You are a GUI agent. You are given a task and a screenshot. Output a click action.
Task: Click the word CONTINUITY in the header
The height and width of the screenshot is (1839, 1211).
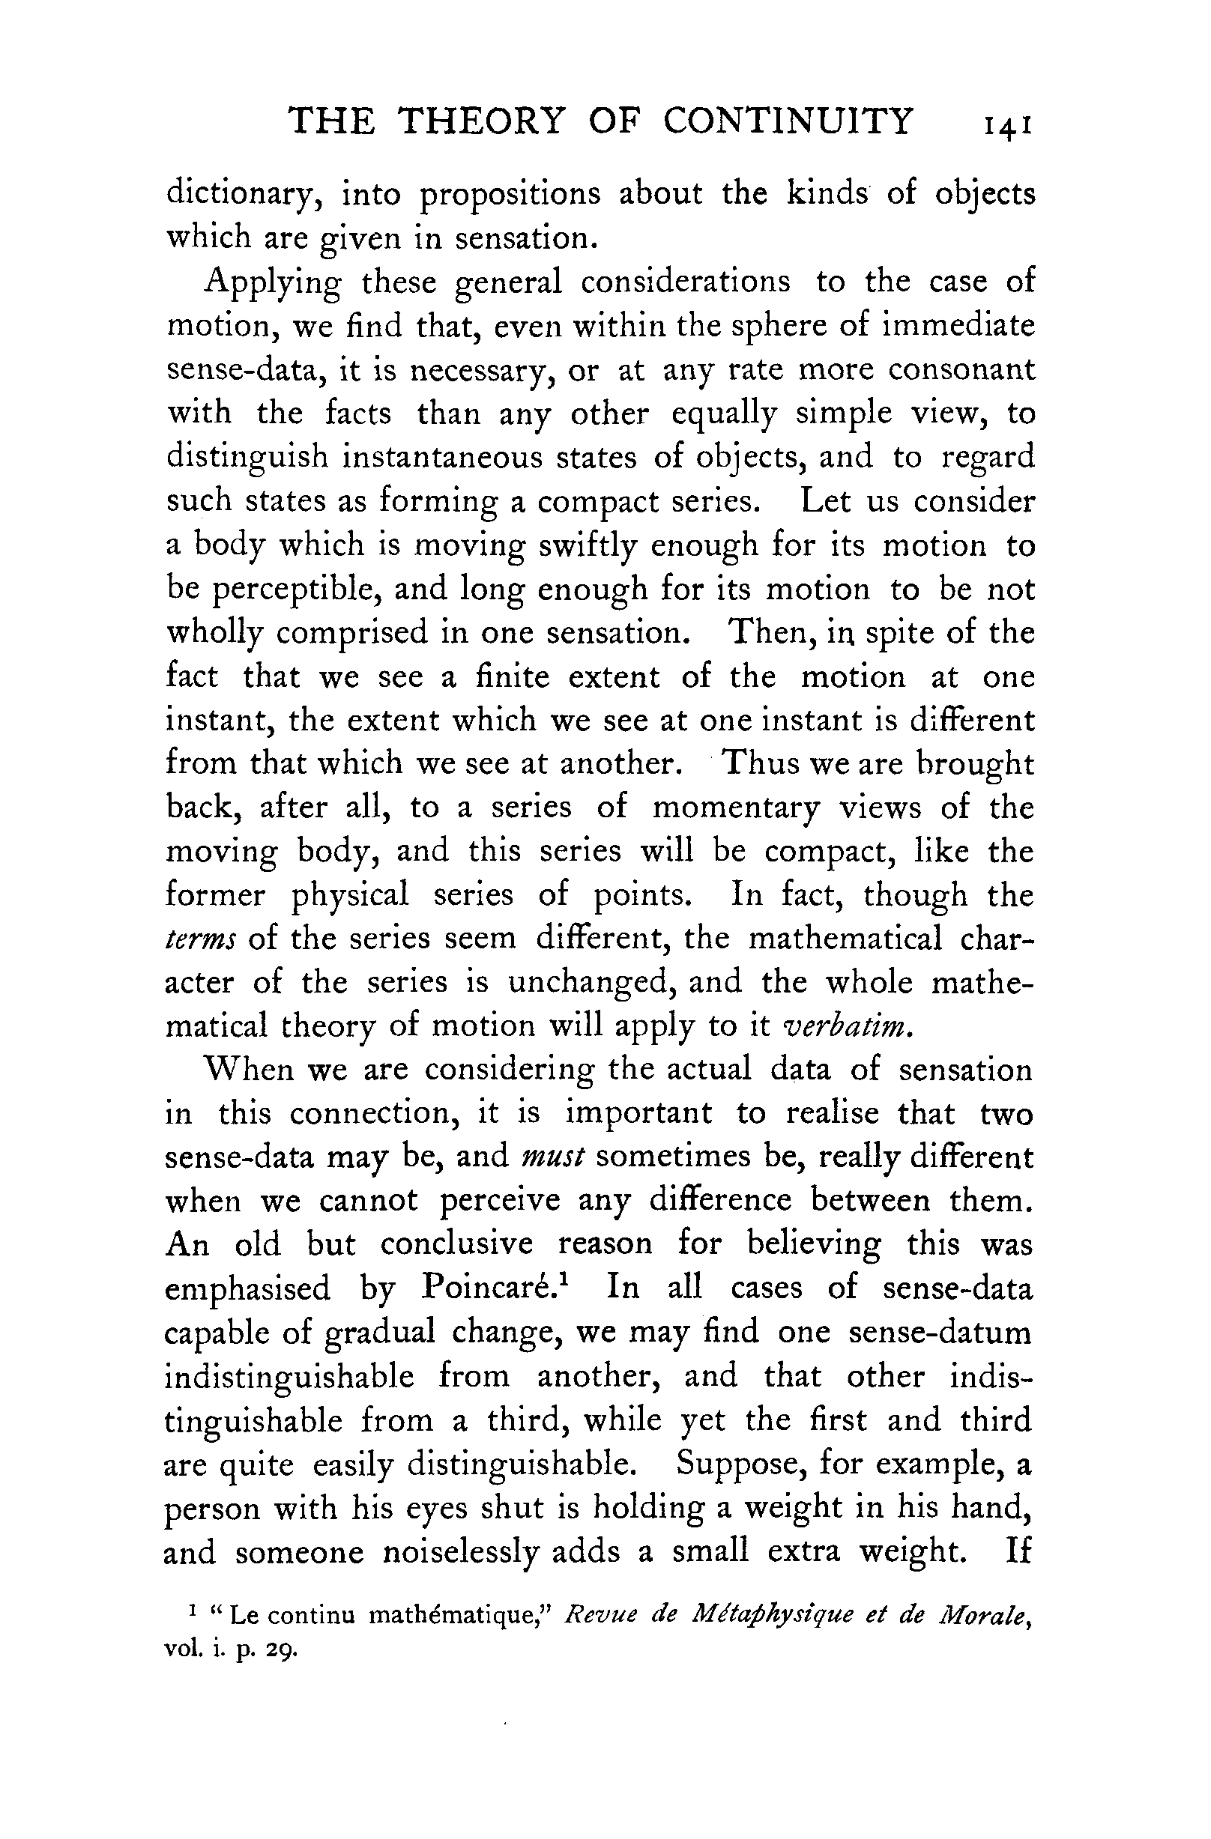click(788, 121)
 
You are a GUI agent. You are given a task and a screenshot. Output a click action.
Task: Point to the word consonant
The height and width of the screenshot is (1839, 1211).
click(961, 369)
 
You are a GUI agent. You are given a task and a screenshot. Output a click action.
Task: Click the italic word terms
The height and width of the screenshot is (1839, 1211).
click(201, 939)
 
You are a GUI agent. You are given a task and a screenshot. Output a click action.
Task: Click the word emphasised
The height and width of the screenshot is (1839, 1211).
click(248, 1289)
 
